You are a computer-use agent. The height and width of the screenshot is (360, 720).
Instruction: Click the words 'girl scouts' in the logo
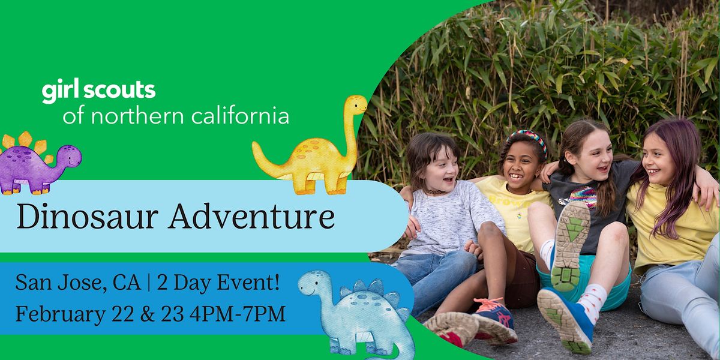pyautogui.click(x=98, y=91)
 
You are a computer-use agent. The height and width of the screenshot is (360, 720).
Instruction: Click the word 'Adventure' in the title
pyautogui.click(x=251, y=217)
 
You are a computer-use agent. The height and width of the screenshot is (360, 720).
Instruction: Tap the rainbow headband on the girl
pyautogui.click(x=526, y=137)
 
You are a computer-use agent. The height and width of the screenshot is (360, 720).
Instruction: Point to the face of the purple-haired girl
pyautogui.click(x=658, y=158)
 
